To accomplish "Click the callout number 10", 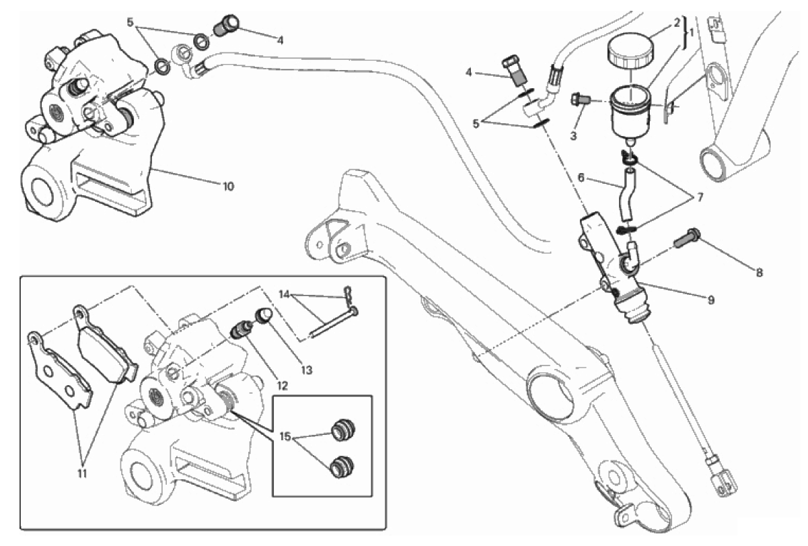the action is click(228, 186).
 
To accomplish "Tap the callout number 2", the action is click(676, 23).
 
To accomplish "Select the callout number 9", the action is click(710, 300).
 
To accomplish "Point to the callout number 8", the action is click(760, 273).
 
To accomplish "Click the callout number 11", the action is click(83, 473).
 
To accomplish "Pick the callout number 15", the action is click(285, 437).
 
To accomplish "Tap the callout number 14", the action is click(285, 294).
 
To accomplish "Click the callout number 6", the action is click(581, 178).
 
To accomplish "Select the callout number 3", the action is click(573, 136).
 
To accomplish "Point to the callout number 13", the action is click(306, 370).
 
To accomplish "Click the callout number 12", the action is click(283, 386).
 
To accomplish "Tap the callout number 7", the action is click(700, 197).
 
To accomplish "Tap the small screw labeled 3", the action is click(580, 98).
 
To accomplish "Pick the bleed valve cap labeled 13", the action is click(263, 316).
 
